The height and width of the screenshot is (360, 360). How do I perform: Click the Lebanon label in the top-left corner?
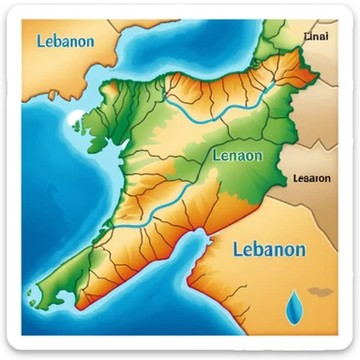click(65, 40)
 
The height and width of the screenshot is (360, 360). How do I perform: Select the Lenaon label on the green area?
click(238, 156)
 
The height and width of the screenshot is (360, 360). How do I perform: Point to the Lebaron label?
click(311, 178)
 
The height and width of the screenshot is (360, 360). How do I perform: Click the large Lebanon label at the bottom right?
click(268, 249)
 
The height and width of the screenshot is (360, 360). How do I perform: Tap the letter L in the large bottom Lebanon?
click(235, 249)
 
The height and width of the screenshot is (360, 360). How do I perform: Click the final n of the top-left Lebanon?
click(90, 41)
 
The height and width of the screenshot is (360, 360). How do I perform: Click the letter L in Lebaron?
click(295, 178)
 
